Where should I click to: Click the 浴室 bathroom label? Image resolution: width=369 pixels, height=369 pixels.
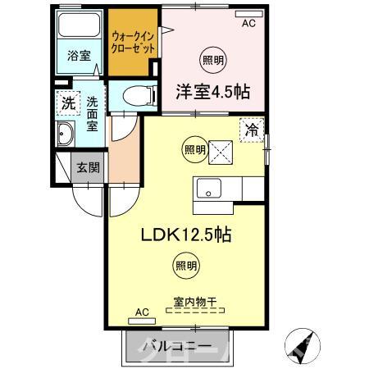[x=79, y=57]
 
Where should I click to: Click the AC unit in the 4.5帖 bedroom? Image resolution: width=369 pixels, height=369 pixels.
[x=248, y=16]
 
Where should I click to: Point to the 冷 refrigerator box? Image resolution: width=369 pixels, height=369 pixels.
[x=253, y=129]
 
